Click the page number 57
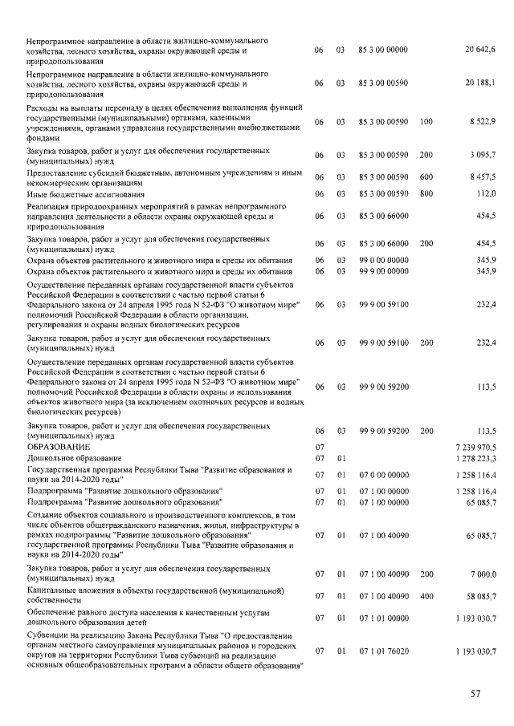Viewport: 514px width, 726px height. pyautogui.click(x=475, y=694)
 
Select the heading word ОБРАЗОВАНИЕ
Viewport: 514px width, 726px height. pyautogui.click(x=55, y=446)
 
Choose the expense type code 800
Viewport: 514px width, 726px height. pyautogui.click(x=426, y=193)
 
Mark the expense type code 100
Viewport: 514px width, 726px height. pyautogui.click(x=426, y=121)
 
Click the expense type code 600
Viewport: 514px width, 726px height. pyautogui.click(x=426, y=177)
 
